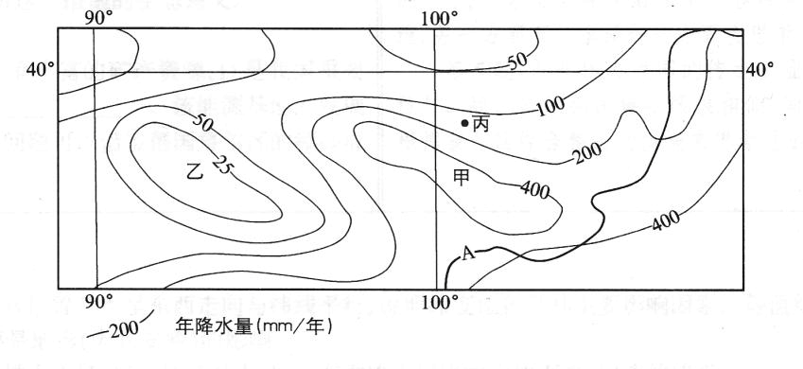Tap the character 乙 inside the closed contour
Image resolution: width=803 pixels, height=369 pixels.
197,172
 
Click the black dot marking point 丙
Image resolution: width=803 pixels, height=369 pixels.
464,123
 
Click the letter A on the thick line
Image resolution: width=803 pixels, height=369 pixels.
467,253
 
